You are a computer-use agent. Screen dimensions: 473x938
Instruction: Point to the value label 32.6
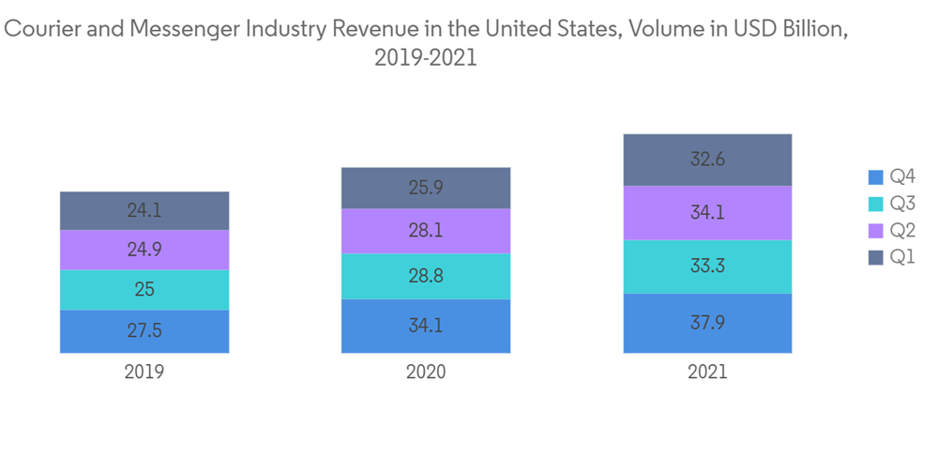[707, 160]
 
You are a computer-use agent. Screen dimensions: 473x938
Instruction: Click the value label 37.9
[707, 323]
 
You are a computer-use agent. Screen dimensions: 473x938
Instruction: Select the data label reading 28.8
[426, 276]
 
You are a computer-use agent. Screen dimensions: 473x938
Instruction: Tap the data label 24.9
[144, 250]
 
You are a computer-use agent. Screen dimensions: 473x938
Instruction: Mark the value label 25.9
[426, 188]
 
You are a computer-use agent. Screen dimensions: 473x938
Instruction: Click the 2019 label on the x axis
[144, 372]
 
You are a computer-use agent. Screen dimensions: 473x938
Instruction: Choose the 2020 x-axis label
[426, 372]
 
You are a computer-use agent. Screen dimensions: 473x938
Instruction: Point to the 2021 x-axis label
[707, 372]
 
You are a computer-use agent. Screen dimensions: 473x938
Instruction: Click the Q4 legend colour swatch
[876, 177]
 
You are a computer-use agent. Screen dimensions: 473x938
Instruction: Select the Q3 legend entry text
[902, 204]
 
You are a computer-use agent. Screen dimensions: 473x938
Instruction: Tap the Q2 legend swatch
[876, 231]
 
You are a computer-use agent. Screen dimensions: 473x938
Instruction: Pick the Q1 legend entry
[902, 257]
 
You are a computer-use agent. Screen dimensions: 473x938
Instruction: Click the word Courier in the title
[37, 29]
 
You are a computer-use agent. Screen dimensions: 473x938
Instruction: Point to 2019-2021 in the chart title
[426, 58]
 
